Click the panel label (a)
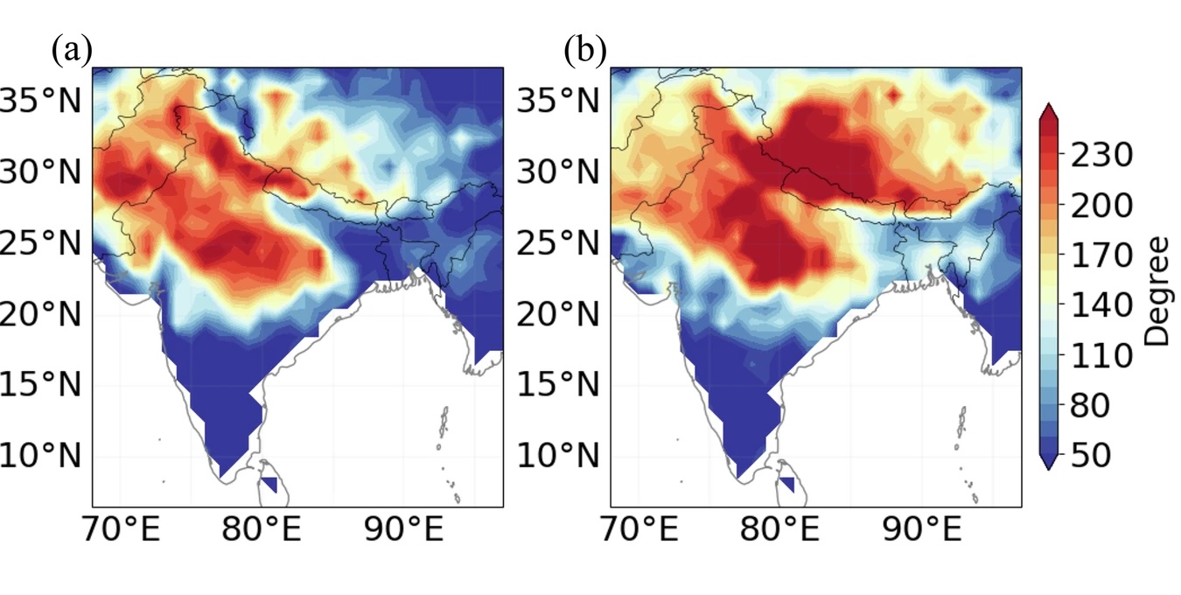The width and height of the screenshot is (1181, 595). tap(73, 51)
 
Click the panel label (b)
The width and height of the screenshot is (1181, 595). tap(585, 51)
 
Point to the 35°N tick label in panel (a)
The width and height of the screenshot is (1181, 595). tap(40, 101)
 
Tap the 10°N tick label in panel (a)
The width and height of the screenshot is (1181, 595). tap(40, 455)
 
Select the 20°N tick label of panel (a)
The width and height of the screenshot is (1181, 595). tap(40, 315)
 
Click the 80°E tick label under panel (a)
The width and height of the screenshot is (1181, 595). tap(262, 528)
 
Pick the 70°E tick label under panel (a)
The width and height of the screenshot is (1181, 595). tap(121, 528)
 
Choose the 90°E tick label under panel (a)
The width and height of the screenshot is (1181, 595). tap(404, 528)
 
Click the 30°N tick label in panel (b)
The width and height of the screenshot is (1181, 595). tap(558, 172)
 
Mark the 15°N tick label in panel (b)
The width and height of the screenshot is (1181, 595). tap(558, 383)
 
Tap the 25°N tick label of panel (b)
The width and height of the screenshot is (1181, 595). tap(558, 243)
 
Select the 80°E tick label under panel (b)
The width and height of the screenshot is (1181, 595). tap(779, 528)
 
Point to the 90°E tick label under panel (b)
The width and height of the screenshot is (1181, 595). tap(922, 528)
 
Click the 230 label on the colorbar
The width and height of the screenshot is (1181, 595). tap(1101, 155)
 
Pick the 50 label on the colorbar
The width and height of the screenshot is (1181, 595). tap(1091, 455)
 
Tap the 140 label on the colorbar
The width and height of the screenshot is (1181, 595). tap(1101, 304)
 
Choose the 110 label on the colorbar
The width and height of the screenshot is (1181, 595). tap(1101, 355)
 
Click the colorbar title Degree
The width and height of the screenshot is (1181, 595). tap(1157, 291)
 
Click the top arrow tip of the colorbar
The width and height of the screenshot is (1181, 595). tap(1049, 104)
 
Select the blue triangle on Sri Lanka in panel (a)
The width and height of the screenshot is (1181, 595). tap(271, 483)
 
